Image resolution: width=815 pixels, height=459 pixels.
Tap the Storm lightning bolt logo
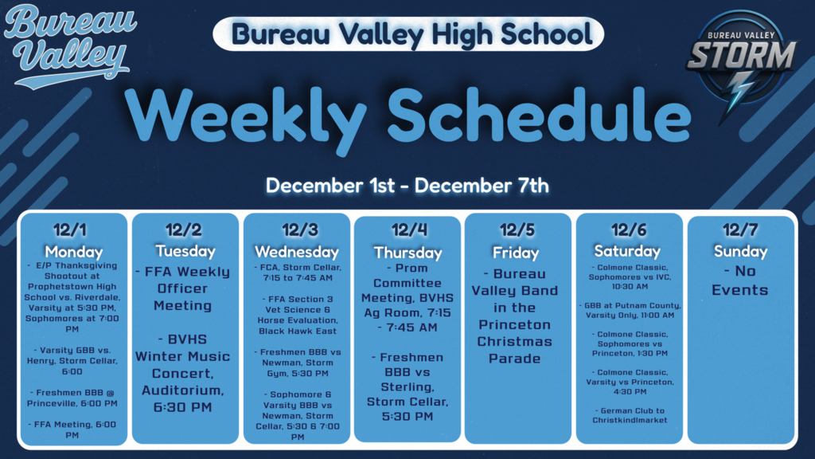point(740,67)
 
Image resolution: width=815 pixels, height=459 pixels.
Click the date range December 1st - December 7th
point(407,186)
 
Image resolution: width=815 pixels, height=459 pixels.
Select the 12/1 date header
point(73,230)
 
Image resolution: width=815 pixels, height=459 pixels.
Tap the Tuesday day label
point(185,251)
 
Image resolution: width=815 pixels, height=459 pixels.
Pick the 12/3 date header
point(296,230)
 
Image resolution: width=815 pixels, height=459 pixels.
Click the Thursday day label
point(407,253)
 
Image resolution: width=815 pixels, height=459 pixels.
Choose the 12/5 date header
point(517,230)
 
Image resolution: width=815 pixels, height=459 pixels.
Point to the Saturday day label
point(627,251)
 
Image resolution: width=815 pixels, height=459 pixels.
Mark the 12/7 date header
point(740,230)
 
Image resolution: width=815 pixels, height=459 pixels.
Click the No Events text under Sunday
point(739,280)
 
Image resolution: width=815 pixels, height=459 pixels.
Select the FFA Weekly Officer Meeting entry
point(185,288)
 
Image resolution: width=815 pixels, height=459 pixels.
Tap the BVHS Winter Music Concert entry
point(185,372)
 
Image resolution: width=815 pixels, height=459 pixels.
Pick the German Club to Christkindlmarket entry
point(629,415)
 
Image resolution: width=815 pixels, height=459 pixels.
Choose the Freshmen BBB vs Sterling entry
point(407,386)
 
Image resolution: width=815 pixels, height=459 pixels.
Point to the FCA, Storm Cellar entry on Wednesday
point(296,273)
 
